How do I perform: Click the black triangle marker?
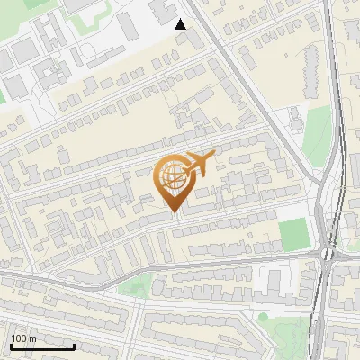coord(181,24)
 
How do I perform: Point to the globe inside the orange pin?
coord(173,176)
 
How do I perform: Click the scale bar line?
coord(42,346)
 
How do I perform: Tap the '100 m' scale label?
coord(23,338)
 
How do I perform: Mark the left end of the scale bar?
coord(11,346)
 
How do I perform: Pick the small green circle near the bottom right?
coord(263,317)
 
